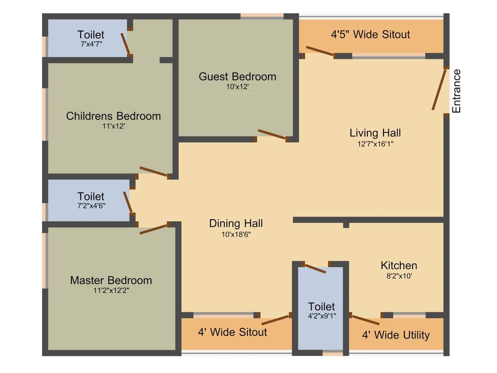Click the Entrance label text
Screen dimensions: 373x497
click(456, 91)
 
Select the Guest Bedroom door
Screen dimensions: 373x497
click(272, 135)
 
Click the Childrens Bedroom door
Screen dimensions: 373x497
click(153, 171)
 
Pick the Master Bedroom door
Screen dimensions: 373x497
click(153, 229)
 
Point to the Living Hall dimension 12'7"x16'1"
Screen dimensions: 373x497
click(375, 144)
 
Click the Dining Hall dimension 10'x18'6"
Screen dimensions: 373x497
click(236, 234)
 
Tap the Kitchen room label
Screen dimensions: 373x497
click(398, 266)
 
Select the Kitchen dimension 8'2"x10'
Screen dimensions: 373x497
click(398, 276)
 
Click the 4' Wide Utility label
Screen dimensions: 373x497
click(396, 335)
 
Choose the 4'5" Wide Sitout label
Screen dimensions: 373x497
click(370, 34)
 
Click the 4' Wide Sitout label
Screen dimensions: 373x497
click(232, 332)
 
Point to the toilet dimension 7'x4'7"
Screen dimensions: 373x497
click(91, 44)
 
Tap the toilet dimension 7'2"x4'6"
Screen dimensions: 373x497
click(91, 205)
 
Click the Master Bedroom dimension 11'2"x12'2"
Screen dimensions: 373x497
click(111, 290)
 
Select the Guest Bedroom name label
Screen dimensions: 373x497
click(237, 77)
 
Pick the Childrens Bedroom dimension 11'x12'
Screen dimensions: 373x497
click(113, 126)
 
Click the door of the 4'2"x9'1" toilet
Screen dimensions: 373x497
click(315, 269)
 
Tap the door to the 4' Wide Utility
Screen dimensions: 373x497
click(365, 320)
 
